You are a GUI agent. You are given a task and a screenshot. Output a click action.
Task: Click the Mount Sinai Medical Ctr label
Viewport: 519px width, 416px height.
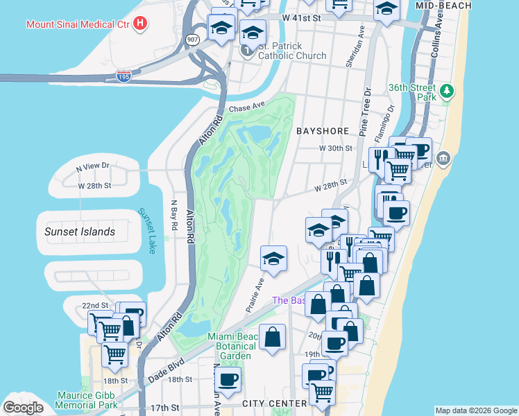[x=78, y=24]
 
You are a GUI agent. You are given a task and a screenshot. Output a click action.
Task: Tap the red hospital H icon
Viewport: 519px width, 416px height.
[x=141, y=24]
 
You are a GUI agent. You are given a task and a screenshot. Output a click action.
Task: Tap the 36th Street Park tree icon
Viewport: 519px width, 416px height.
[x=448, y=89]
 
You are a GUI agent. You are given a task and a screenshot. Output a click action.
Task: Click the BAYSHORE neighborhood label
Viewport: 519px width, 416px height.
[x=321, y=130]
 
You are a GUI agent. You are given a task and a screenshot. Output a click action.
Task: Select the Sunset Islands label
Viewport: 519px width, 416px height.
[x=80, y=232]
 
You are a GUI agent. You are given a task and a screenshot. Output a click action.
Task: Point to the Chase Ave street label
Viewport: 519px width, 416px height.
[x=248, y=107]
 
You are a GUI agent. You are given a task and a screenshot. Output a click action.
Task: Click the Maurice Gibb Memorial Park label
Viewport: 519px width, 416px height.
[x=87, y=400]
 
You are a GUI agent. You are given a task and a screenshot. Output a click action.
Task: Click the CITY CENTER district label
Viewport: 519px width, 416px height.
[x=274, y=403]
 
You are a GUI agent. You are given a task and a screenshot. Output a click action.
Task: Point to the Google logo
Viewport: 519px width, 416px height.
[x=23, y=407]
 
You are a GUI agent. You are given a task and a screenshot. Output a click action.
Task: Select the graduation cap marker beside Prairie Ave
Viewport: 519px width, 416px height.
[x=273, y=259]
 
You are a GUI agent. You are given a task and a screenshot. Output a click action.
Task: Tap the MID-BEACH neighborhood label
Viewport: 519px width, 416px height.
[x=443, y=6]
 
